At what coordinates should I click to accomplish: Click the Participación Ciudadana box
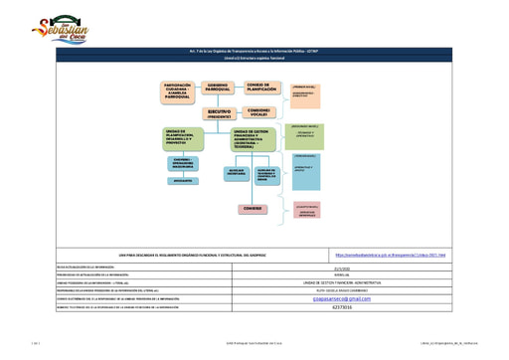click(x=179, y=90)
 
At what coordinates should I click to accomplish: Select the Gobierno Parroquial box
click(x=219, y=90)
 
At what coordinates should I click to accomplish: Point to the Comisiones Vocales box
click(x=259, y=110)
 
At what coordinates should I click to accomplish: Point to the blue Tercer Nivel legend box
click(x=306, y=169)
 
